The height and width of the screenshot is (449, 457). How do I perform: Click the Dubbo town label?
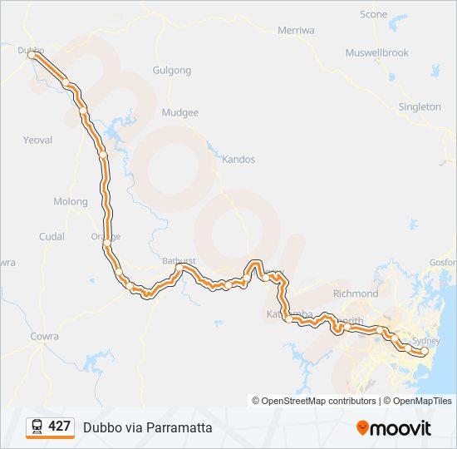click(31, 50)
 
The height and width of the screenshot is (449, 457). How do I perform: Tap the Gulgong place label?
click(172, 71)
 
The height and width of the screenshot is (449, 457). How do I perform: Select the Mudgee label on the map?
click(180, 112)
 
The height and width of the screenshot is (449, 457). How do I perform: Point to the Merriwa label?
click(297, 30)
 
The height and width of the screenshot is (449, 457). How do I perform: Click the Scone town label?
click(373, 14)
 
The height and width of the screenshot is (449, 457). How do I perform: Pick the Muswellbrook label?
click(377, 52)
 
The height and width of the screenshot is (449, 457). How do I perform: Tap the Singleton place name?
click(420, 106)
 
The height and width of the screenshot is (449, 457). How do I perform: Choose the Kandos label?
click(238, 159)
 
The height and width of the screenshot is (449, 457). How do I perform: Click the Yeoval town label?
click(37, 141)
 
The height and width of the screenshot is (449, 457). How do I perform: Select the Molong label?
click(70, 201)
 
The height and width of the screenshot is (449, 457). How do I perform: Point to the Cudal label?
click(52, 236)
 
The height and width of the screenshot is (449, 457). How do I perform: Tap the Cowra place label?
click(44, 336)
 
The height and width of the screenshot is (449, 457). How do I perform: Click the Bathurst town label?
click(179, 261)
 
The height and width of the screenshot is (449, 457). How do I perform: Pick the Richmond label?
click(355, 294)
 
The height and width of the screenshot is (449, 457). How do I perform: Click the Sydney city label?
click(426, 341)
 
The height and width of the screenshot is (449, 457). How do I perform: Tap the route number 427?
click(59, 426)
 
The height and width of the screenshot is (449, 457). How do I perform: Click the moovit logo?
click(394, 428)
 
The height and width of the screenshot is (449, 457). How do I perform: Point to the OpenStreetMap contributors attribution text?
click(314, 401)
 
